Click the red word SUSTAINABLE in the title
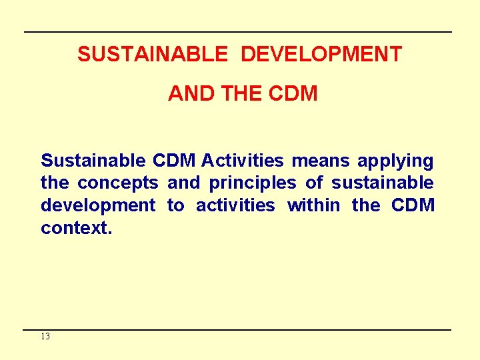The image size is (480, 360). point(152,54)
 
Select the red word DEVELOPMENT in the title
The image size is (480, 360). point(321,54)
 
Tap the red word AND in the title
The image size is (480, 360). point(190,94)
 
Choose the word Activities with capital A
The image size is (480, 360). point(242,161)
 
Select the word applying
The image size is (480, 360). point(395,161)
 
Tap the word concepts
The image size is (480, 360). point(118,183)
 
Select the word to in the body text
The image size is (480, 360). point(175,206)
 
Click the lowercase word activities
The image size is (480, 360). point(235,206)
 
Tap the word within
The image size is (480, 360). point(313,206)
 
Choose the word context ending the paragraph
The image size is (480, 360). point(75,229)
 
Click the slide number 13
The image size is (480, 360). point(45,337)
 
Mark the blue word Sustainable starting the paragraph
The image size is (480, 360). point(93,161)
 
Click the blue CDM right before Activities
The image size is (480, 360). point(173,161)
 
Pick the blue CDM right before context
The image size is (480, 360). point(413,206)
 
